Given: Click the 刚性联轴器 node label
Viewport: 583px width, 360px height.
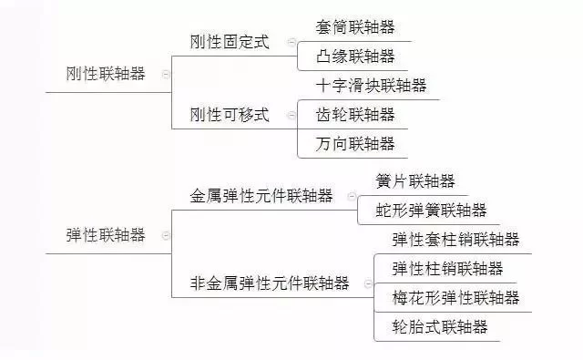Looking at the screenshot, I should (106, 74).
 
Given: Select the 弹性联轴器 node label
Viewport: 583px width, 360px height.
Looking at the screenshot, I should (106, 234).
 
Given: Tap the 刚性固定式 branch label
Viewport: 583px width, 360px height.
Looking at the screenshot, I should (230, 43).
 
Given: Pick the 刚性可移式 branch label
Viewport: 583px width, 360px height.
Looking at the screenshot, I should (230, 114).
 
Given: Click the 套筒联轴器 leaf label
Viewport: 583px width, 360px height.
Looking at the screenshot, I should (356, 27).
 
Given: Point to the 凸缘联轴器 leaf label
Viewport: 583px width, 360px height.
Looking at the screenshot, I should (356, 57).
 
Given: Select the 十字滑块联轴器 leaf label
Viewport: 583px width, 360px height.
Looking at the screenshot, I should (372, 86).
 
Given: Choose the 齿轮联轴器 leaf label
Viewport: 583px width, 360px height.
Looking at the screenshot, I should (356, 114).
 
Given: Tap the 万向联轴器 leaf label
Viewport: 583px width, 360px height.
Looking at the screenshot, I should (356, 143).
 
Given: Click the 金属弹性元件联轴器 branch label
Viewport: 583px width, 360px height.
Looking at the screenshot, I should (261, 196).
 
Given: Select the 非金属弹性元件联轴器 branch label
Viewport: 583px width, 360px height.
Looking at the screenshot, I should (270, 283).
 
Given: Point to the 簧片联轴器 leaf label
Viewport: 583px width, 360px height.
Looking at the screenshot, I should (415, 181).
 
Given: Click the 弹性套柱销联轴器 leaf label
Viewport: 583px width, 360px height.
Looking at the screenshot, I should (455, 240).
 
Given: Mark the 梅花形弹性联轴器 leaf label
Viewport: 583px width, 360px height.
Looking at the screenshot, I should (455, 297).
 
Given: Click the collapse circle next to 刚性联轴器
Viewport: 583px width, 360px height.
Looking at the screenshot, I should (166, 75).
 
